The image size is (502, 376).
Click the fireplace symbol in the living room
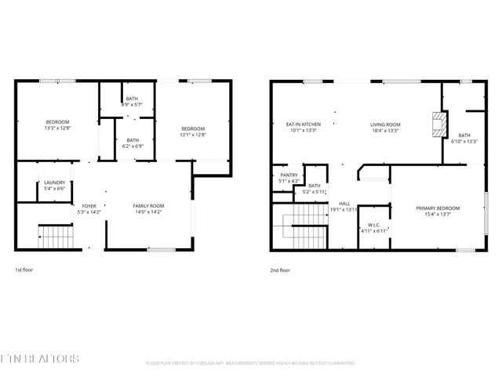tap(436, 123)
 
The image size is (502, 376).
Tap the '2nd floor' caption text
tap(280, 269)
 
